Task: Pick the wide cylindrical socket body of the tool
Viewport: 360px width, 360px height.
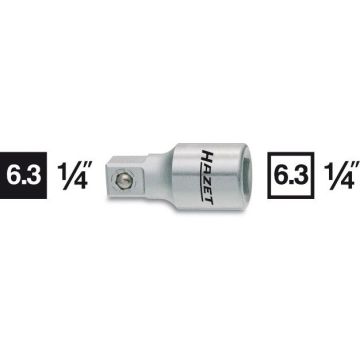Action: click(x=220, y=180)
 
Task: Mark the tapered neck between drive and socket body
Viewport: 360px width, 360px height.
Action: click(x=171, y=180)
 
